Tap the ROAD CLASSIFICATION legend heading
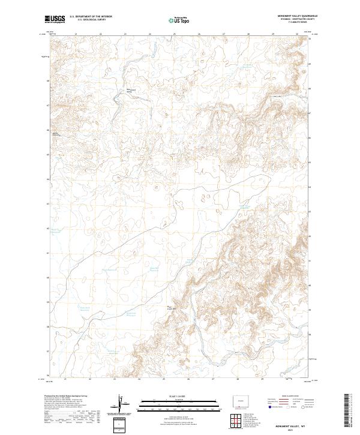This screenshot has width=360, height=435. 289,397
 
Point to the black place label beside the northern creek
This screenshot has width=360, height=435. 130,91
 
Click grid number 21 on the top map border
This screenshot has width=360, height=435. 76,34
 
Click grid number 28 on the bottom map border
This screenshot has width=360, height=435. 238,379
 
